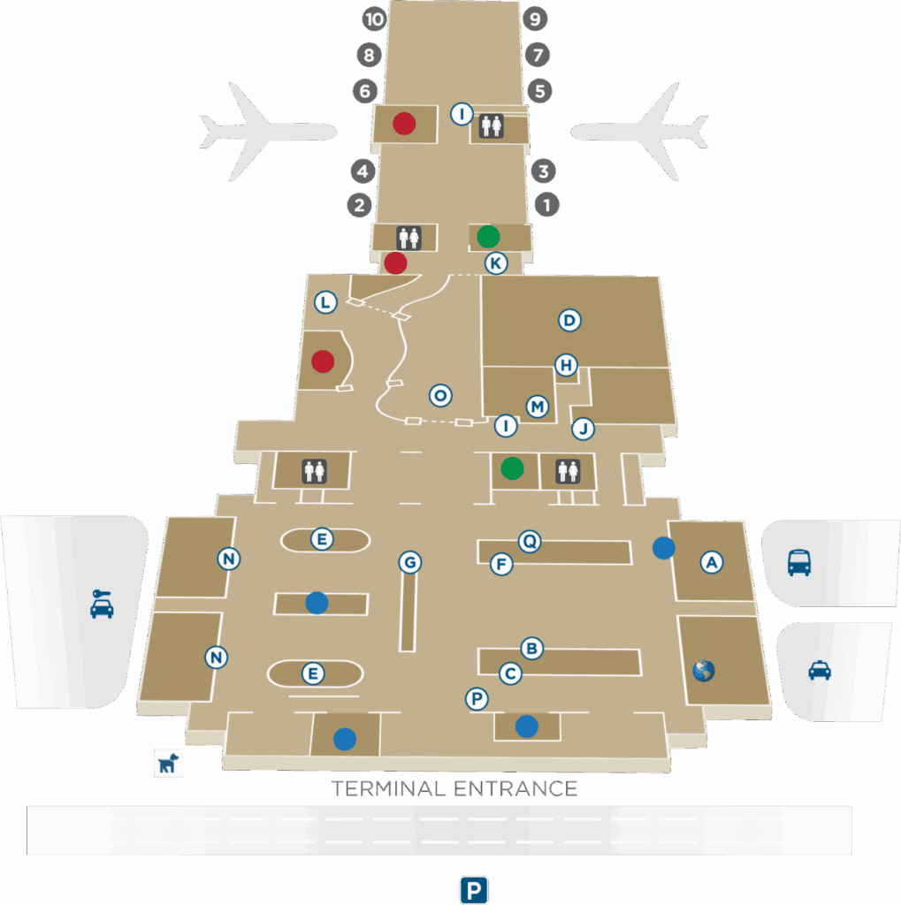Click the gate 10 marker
point(376,20)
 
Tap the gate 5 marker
point(540,90)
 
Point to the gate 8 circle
point(370,56)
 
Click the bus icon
point(798,562)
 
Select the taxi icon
point(820,671)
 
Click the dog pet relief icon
point(168,762)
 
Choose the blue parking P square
point(474,890)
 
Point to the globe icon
point(704,671)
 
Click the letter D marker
point(569,321)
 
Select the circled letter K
point(496,263)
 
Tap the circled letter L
point(326,303)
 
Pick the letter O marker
point(439,395)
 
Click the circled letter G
point(409,562)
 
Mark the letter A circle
point(712,561)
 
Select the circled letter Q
point(529,541)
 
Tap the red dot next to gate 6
point(404,124)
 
